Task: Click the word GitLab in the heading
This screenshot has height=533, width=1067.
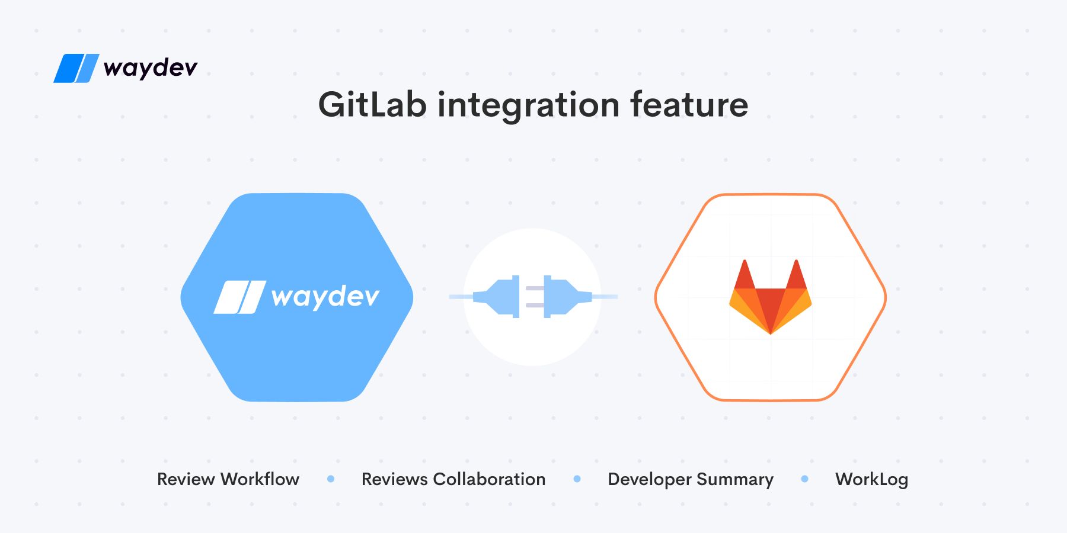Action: pos(372,105)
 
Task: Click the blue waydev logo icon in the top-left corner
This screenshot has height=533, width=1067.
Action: pos(76,68)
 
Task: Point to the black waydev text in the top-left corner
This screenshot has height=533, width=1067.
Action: pos(151,67)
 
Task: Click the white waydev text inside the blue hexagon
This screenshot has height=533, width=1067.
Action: pos(325,296)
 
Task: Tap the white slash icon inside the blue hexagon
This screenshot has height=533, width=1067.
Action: pos(240,297)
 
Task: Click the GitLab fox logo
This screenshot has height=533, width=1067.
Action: pos(771,297)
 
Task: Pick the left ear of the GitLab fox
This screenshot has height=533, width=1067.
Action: pos(745,275)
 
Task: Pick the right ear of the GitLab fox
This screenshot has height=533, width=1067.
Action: pos(797,275)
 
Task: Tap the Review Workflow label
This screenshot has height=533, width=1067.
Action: pos(228,479)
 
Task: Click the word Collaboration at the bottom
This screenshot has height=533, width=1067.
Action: pos(489,479)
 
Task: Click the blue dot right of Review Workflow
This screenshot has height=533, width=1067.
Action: pos(331,479)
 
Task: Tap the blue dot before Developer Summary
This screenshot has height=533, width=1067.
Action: pos(577,479)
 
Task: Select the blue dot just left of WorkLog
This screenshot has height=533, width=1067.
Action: pos(804,479)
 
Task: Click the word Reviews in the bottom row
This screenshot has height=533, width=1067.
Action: pos(395,479)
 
